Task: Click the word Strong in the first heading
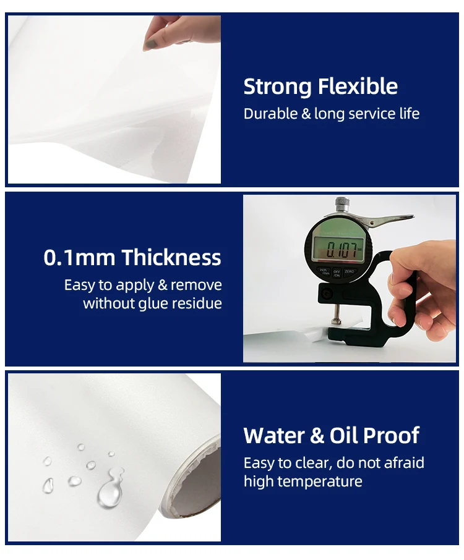pos(277,87)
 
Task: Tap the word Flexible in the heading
pos(358,86)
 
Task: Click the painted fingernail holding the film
pos(150,44)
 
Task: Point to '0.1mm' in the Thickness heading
pos(79,258)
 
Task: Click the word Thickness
pos(171,257)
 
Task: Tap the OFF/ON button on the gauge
pos(337,274)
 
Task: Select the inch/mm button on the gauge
pos(324,272)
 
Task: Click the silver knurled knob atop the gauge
pos(342,204)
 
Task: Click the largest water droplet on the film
pos(110,493)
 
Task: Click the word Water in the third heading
pos(274,435)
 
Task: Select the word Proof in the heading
pos(392,435)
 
